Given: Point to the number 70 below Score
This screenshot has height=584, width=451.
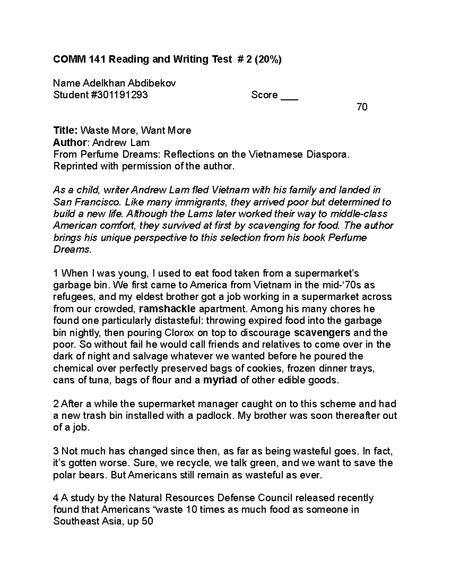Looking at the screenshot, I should [x=362, y=107].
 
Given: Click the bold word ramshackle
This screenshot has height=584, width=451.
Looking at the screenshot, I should [x=167, y=309].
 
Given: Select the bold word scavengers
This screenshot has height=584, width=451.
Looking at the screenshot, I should [x=322, y=333].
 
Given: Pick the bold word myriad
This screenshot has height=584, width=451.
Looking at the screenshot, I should [x=220, y=380].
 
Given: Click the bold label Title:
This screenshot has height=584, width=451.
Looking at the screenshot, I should [x=65, y=130].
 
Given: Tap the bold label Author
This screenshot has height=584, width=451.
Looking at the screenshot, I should [x=70, y=143].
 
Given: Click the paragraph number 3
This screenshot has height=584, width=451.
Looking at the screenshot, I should [x=56, y=451].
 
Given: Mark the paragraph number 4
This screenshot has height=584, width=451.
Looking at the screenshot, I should [x=56, y=498].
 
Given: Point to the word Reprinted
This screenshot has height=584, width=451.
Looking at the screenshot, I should [x=75, y=166].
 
